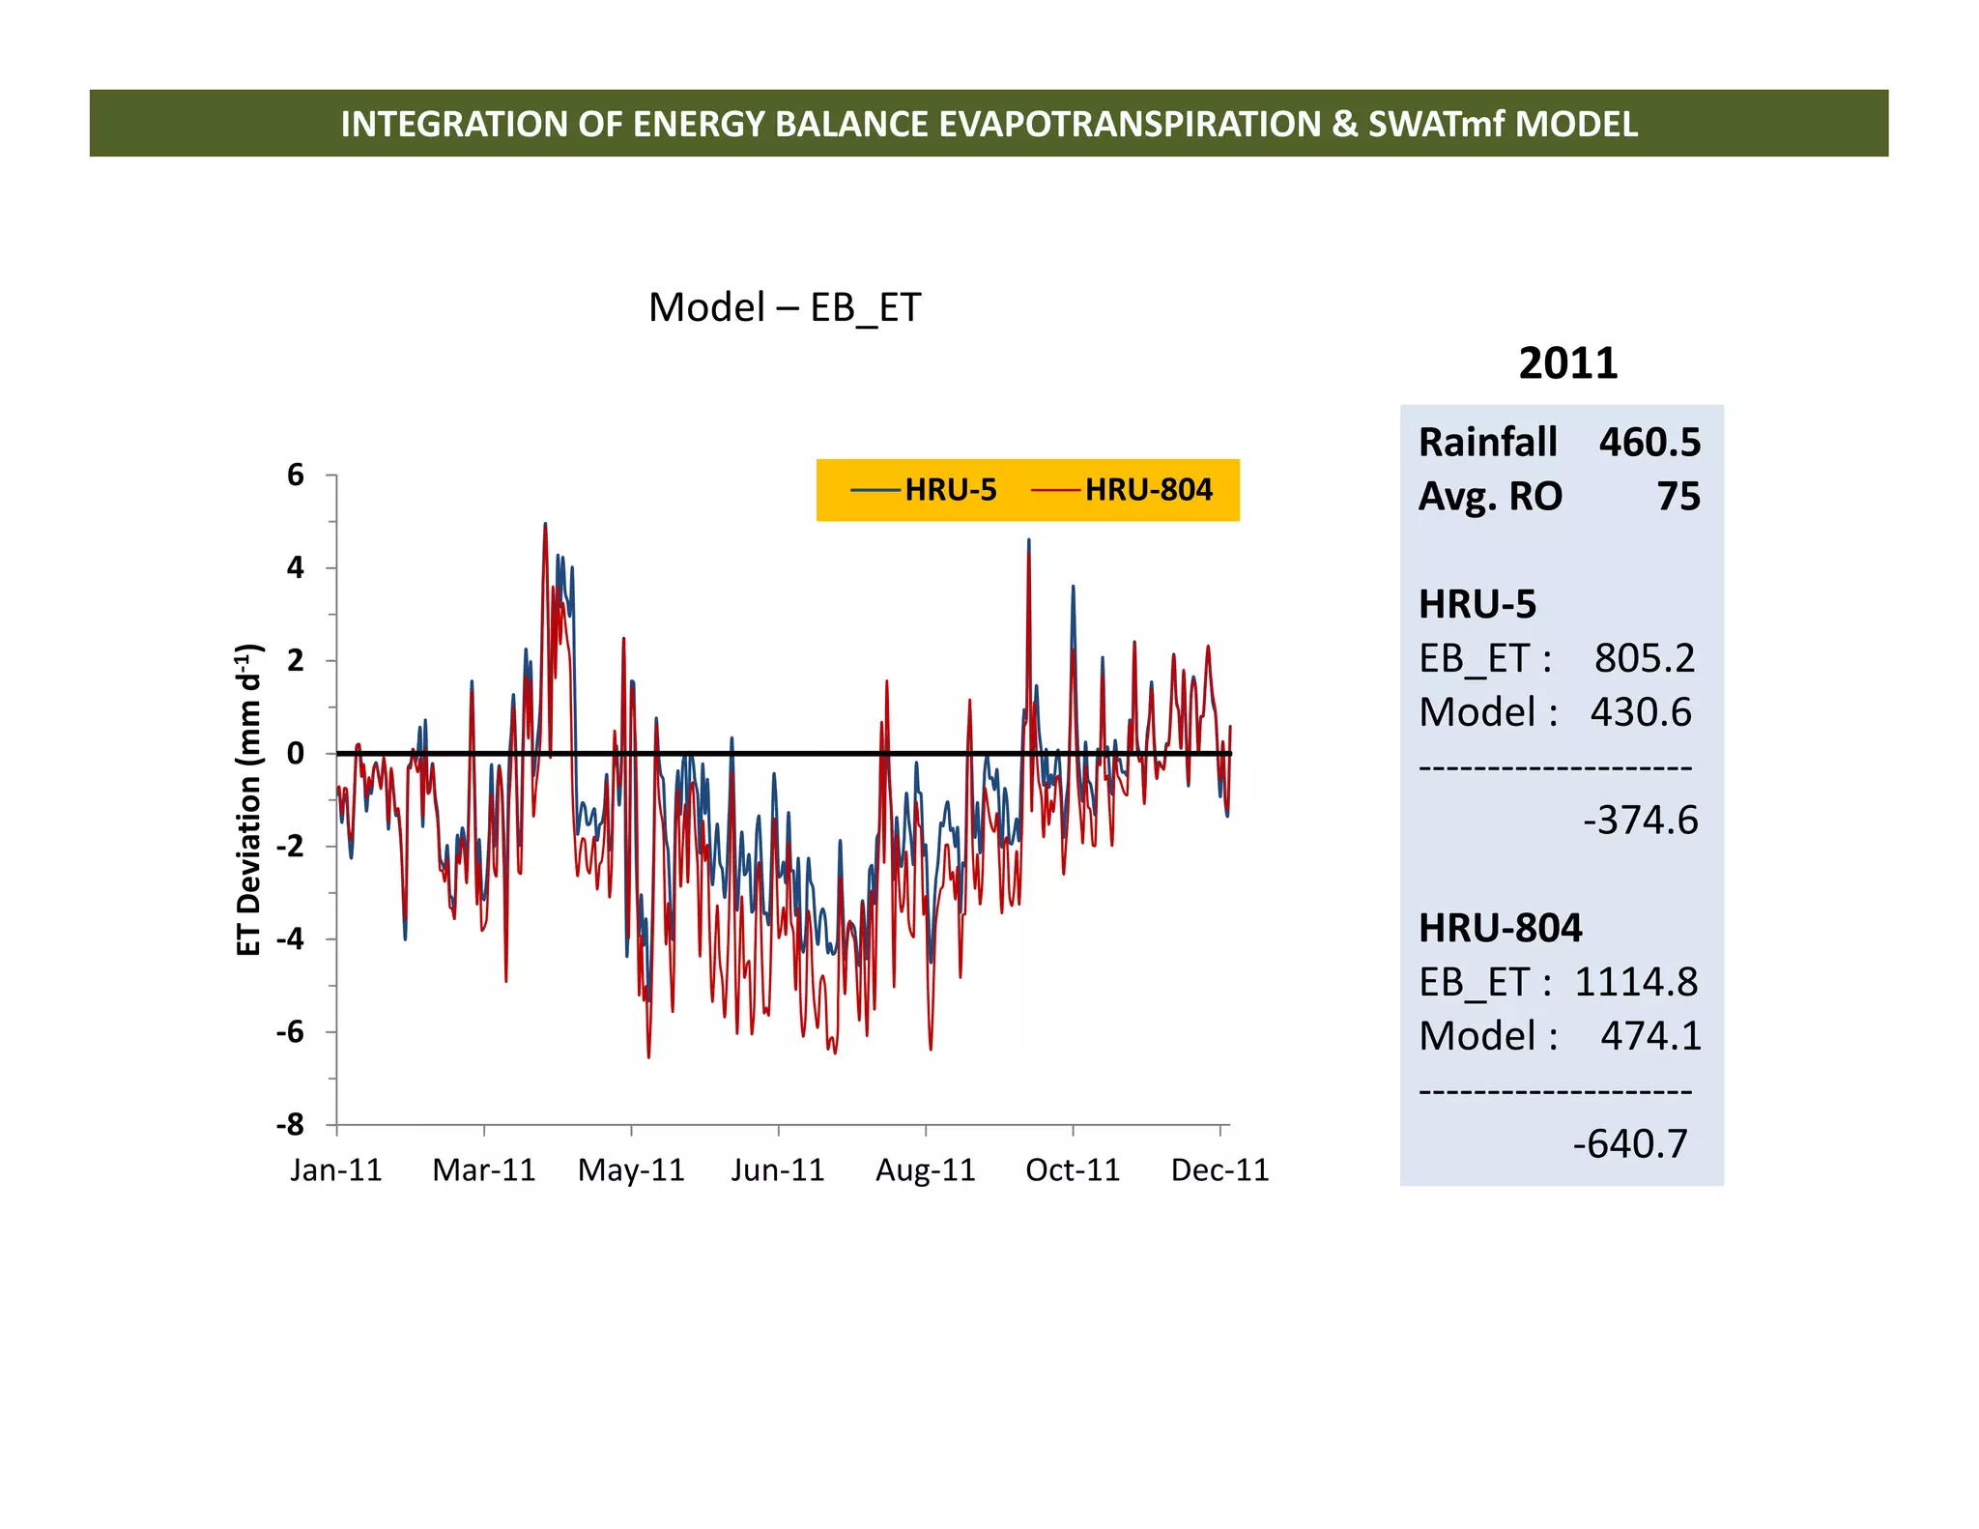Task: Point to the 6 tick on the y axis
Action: pos(296,475)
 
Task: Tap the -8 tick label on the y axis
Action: pos(290,1124)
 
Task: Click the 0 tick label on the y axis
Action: pos(296,753)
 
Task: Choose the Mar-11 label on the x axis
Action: pos(483,1169)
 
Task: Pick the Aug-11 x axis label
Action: pos(925,1169)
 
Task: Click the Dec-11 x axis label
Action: pos(1219,1169)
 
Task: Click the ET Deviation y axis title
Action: pos(249,799)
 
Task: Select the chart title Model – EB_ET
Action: pos(785,307)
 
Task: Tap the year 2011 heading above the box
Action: pos(1567,363)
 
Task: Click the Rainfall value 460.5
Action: pos(1649,442)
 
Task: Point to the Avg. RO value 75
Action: pos(1678,496)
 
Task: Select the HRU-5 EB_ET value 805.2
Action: pos(1644,658)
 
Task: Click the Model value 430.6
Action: pos(1641,712)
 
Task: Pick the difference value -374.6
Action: pos(1640,820)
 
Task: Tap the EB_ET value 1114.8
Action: pos(1635,982)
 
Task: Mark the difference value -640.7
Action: pos(1630,1143)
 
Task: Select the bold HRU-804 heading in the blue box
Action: pos(1500,928)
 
